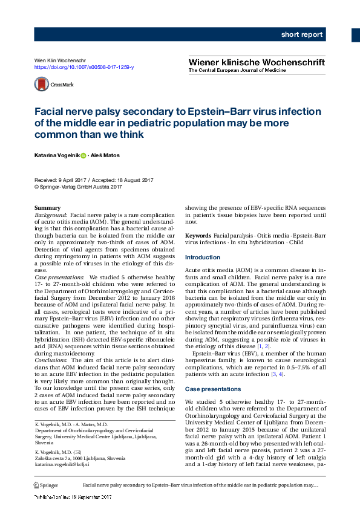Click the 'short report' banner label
301,34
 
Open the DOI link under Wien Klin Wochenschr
84,68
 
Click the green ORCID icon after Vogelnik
83,155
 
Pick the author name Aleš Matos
106,155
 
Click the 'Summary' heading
47,208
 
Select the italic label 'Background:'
51,215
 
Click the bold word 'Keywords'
198,235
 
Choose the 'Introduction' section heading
203,257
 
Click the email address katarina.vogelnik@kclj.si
62,464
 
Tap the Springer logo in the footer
47,485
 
